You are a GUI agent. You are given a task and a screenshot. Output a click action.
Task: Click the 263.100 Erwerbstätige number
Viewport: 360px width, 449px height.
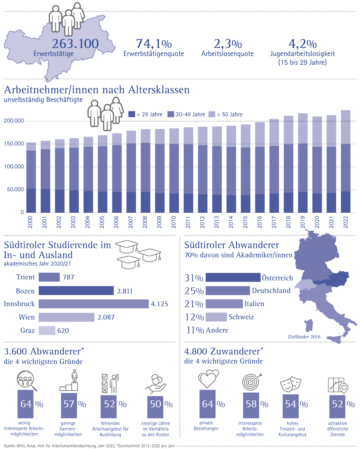(75, 44)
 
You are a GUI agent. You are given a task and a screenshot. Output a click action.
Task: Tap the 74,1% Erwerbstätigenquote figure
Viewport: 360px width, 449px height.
(154, 44)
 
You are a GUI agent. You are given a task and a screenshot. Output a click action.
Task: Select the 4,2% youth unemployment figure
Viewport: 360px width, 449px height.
(302, 44)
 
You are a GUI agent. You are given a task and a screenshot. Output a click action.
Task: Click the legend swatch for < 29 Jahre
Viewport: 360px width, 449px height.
(131, 114)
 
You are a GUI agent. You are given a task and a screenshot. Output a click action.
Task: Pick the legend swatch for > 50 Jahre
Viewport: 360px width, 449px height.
(212, 114)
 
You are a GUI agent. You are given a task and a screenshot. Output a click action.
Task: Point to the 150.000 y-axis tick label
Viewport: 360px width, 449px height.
(14, 144)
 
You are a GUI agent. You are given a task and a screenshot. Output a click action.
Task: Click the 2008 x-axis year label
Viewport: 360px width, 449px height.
(145, 222)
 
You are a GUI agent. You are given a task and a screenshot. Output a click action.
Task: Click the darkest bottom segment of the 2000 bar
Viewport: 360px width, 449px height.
(31, 200)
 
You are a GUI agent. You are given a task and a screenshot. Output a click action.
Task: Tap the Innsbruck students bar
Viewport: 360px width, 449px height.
(94, 304)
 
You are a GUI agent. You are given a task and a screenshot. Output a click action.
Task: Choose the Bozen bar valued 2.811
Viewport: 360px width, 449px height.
(76, 291)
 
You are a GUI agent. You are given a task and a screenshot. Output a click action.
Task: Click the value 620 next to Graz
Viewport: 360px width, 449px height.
(63, 330)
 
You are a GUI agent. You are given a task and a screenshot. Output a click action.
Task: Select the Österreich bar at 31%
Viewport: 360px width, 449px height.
(233, 277)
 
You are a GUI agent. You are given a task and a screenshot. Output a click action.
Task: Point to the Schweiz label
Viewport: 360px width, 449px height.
(241, 317)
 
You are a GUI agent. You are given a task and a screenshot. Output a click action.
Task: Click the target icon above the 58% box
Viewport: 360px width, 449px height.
(252, 382)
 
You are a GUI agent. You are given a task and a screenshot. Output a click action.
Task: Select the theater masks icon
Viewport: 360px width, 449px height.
(291, 383)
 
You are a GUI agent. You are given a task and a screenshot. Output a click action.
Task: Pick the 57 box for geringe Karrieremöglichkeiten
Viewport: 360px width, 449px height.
(69, 404)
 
